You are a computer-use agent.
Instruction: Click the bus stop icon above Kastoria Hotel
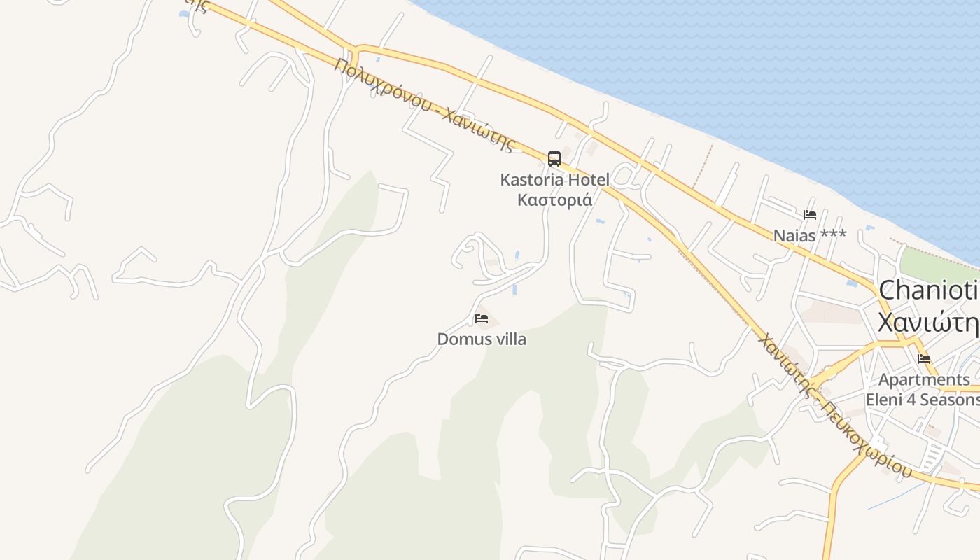pyautogui.click(x=554, y=159)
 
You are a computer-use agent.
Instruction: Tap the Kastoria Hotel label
pyautogui.click(x=554, y=180)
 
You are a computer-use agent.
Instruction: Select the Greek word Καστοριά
pyautogui.click(x=554, y=200)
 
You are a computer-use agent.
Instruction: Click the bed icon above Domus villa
pyautogui.click(x=482, y=318)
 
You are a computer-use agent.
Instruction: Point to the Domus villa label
pyautogui.click(x=482, y=339)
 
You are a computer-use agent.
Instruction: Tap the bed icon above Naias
pyautogui.click(x=810, y=215)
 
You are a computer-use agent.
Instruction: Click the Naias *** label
pyautogui.click(x=810, y=236)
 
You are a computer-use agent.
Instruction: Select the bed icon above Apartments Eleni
pyautogui.click(x=924, y=359)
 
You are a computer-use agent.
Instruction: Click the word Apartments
pyautogui.click(x=924, y=380)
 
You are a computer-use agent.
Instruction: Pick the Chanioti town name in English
pyautogui.click(x=927, y=290)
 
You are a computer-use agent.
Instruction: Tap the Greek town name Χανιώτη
pyautogui.click(x=927, y=323)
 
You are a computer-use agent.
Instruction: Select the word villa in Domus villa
pyautogui.click(x=508, y=339)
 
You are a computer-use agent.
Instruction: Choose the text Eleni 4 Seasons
pyautogui.click(x=923, y=400)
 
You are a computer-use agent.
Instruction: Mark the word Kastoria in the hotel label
pyautogui.click(x=532, y=180)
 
